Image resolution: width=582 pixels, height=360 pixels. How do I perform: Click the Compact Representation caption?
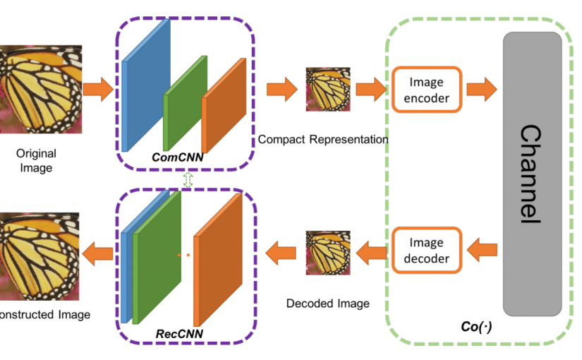pos(323,140)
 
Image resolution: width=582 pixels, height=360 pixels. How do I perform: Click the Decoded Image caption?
pos(328,304)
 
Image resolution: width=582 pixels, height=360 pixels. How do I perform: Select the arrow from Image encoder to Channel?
pos(482,89)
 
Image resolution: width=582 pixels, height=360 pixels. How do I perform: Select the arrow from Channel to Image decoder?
pos(483,249)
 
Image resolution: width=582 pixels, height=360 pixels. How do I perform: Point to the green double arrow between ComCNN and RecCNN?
pos(188,179)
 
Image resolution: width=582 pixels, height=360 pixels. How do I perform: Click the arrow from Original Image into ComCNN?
pos(98,89)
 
